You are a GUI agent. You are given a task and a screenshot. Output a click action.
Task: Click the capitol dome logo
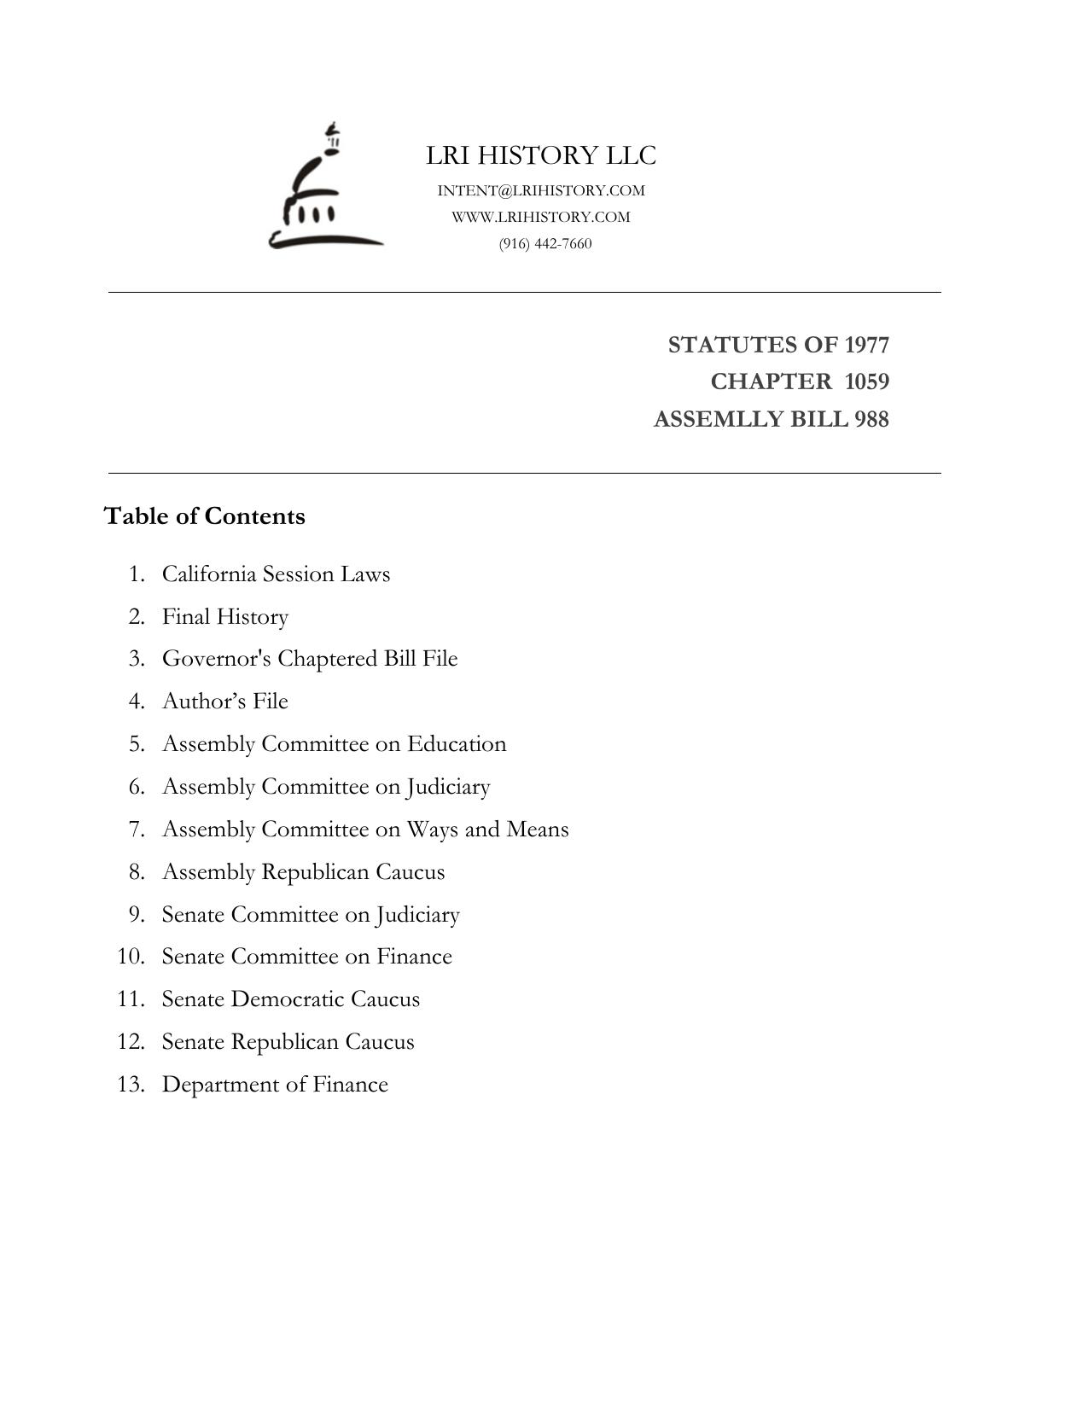(324, 188)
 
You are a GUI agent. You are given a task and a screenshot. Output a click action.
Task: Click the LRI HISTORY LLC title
(541, 155)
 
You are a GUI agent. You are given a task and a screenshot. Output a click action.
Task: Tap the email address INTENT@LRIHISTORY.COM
(541, 190)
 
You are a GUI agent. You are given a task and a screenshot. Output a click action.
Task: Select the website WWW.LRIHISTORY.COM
(541, 217)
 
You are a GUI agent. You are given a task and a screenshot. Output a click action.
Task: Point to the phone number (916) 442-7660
(545, 243)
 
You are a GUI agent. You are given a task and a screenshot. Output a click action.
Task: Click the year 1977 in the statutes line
(867, 345)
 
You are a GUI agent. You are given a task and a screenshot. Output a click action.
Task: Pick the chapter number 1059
(867, 381)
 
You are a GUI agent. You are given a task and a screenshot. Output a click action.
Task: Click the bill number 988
(871, 420)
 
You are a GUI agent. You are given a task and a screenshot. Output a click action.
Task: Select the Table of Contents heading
(205, 516)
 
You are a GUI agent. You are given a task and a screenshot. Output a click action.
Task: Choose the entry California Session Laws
(276, 573)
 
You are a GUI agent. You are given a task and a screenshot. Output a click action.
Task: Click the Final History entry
(225, 616)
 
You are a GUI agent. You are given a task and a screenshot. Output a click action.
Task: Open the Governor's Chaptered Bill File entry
(310, 659)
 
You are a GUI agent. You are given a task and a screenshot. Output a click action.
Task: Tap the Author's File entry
(225, 702)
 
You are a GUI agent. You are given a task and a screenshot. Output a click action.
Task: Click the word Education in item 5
(457, 743)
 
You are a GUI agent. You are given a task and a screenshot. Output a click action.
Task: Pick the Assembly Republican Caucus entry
(303, 871)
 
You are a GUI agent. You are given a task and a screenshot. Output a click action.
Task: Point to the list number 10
(131, 957)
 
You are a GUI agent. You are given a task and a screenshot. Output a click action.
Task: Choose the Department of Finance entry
(275, 1085)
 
